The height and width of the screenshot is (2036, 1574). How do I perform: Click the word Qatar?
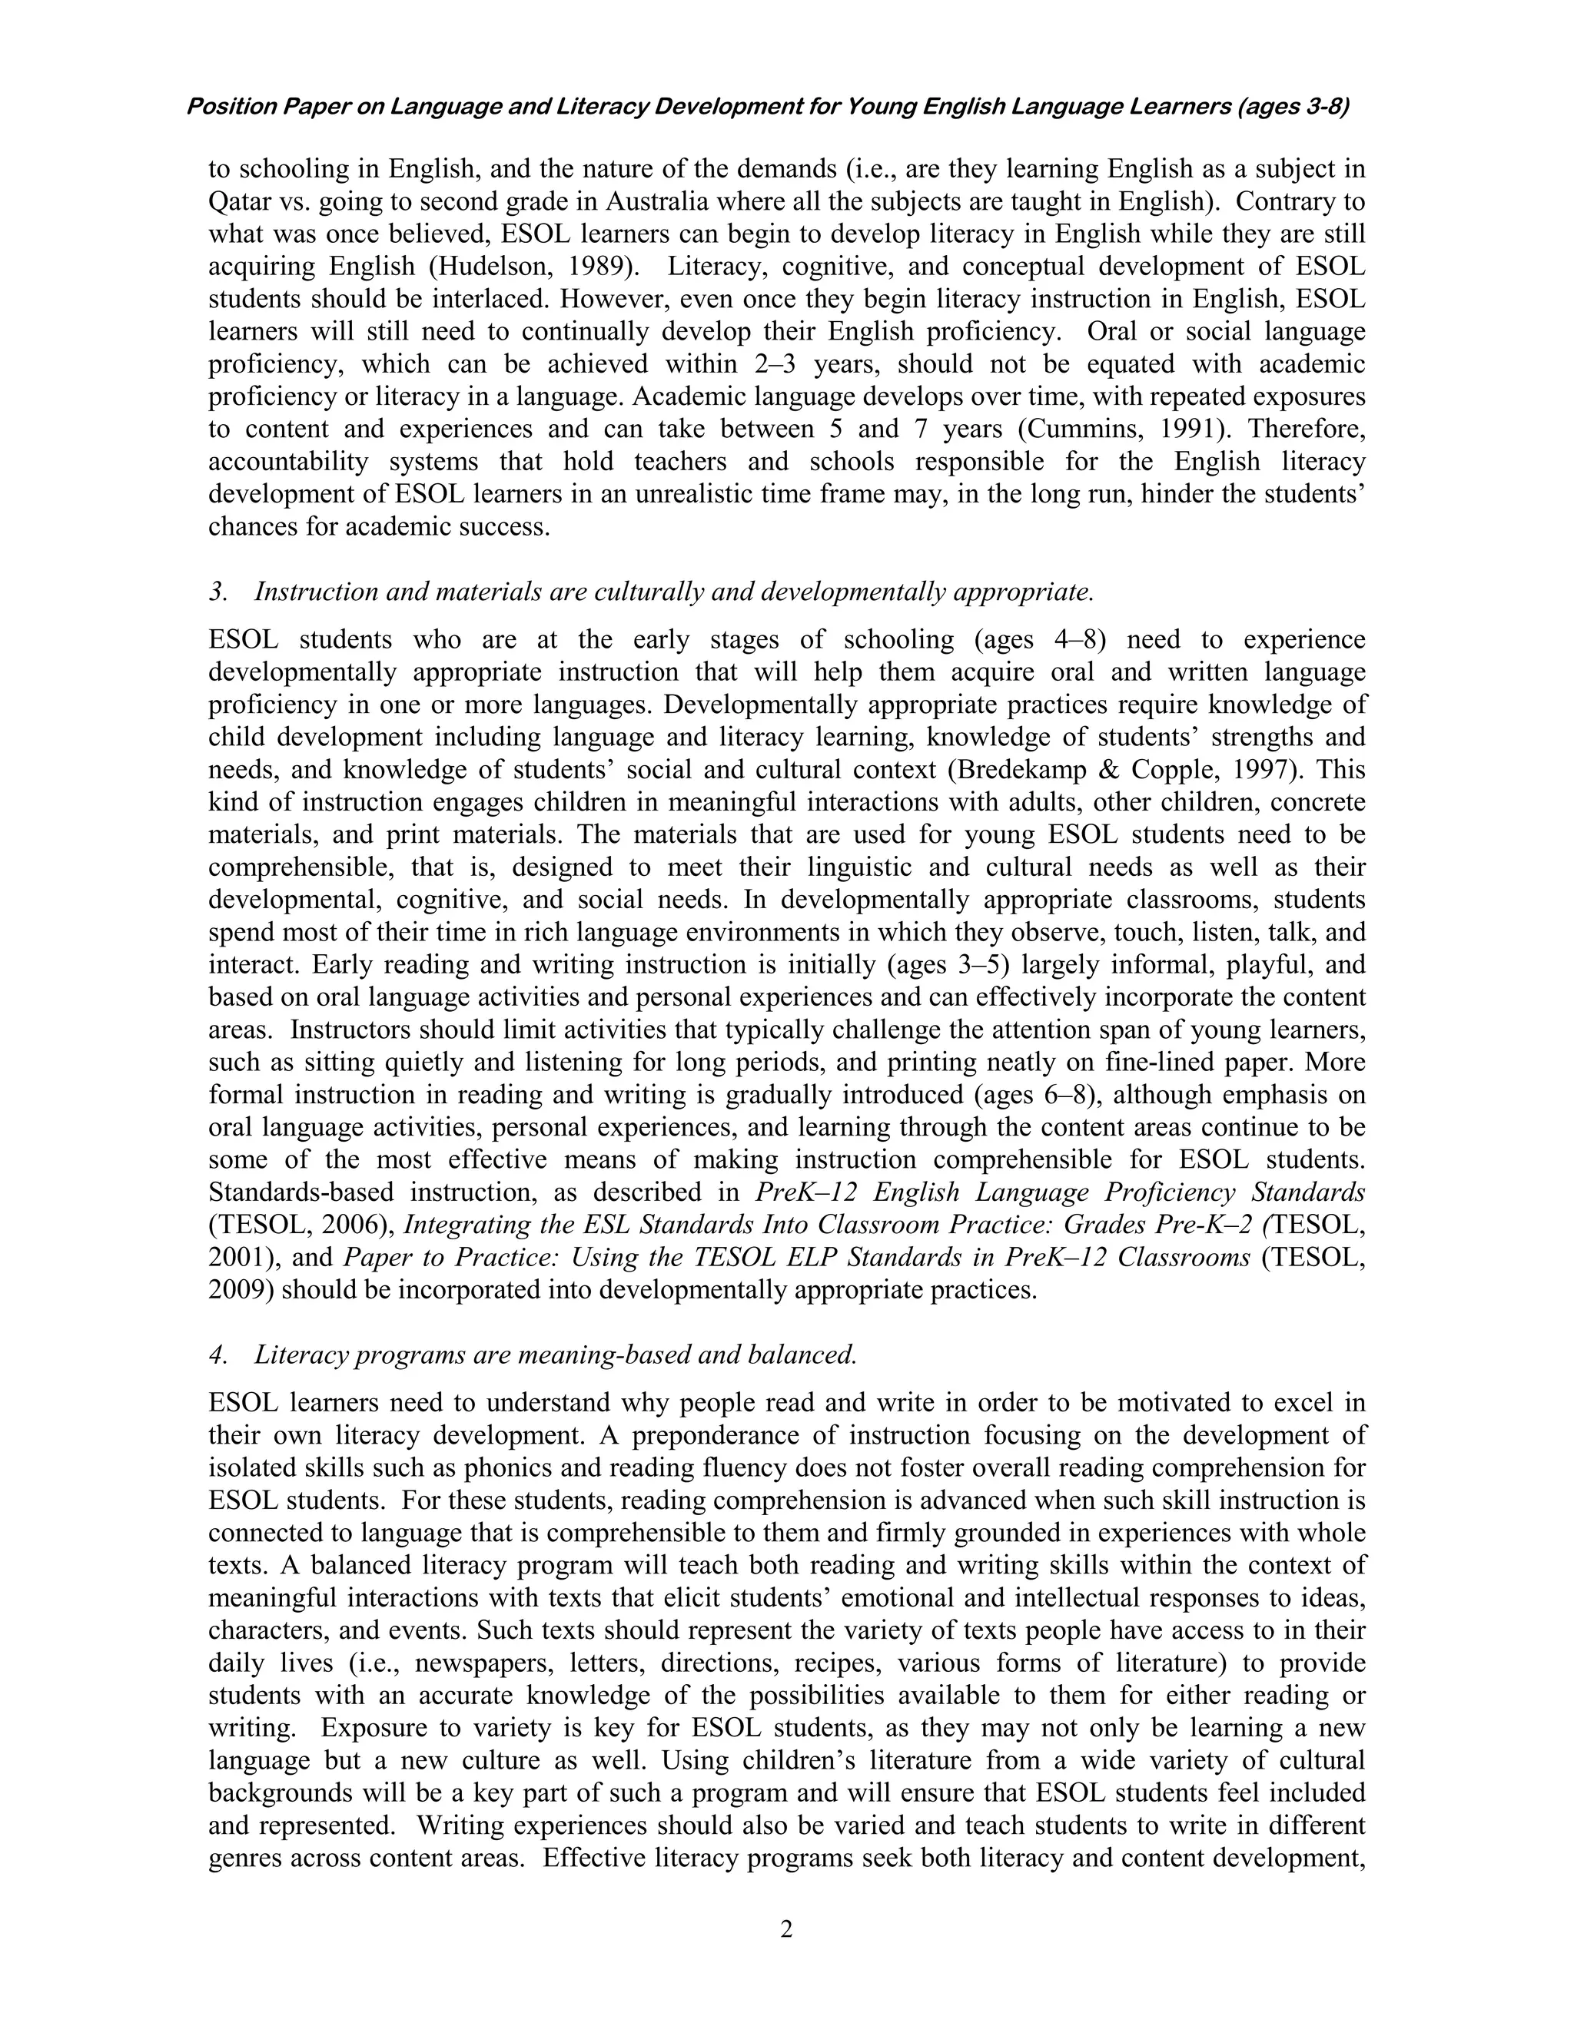(x=240, y=201)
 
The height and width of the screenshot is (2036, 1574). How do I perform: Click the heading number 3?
(x=218, y=592)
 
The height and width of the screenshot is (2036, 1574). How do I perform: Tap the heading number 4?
(x=218, y=1355)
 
